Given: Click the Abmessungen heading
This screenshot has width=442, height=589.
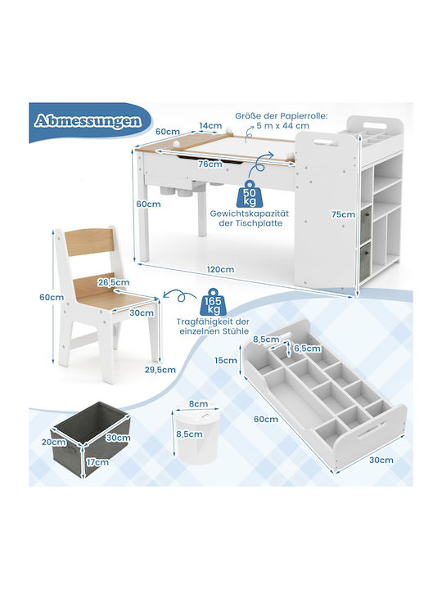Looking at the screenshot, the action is coord(88,120).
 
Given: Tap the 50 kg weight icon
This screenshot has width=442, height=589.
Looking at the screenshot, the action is coord(247,194).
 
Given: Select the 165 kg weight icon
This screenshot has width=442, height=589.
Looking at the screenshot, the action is coord(214,302).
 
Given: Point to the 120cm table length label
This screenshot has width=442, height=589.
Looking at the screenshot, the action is coord(220,269).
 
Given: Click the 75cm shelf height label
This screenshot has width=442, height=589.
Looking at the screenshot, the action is coord(343,214).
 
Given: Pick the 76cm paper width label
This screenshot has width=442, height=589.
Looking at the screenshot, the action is coord(210,164).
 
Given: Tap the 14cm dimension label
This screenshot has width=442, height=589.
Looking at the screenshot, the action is coord(210,125).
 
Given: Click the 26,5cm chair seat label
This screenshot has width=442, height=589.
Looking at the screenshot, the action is coord(114,282).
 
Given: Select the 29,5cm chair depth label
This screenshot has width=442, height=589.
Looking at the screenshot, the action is coord(160,370).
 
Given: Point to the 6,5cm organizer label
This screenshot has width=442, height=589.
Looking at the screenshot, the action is coord(308,348).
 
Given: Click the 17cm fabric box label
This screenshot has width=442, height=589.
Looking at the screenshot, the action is coord(97,462).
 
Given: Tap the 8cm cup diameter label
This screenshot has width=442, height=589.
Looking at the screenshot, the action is coord(198,404).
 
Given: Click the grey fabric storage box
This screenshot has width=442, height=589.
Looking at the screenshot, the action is coord(91,438).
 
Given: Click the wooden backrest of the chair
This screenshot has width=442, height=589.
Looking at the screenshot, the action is coord(88,242).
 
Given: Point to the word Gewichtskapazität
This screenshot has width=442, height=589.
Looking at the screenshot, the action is coord(250,214).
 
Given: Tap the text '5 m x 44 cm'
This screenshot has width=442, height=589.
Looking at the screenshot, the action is coord(283,125).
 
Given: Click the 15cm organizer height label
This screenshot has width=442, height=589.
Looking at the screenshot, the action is coord(226,360).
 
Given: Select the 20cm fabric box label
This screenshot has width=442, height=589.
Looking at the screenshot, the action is coord(54,442).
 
